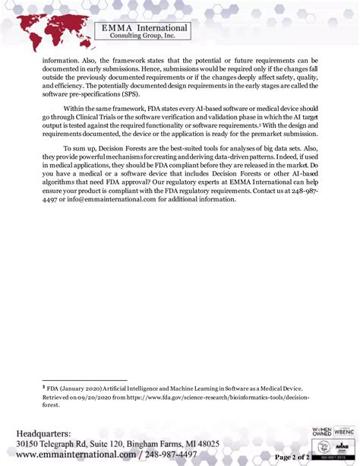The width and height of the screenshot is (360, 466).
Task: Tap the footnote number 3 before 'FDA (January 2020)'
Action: tap(43, 386)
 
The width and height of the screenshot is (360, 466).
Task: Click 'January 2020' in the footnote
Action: tap(83, 387)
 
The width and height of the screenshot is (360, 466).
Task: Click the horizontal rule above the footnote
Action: tap(84, 380)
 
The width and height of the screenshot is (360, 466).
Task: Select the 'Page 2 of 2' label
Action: tap(291, 456)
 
